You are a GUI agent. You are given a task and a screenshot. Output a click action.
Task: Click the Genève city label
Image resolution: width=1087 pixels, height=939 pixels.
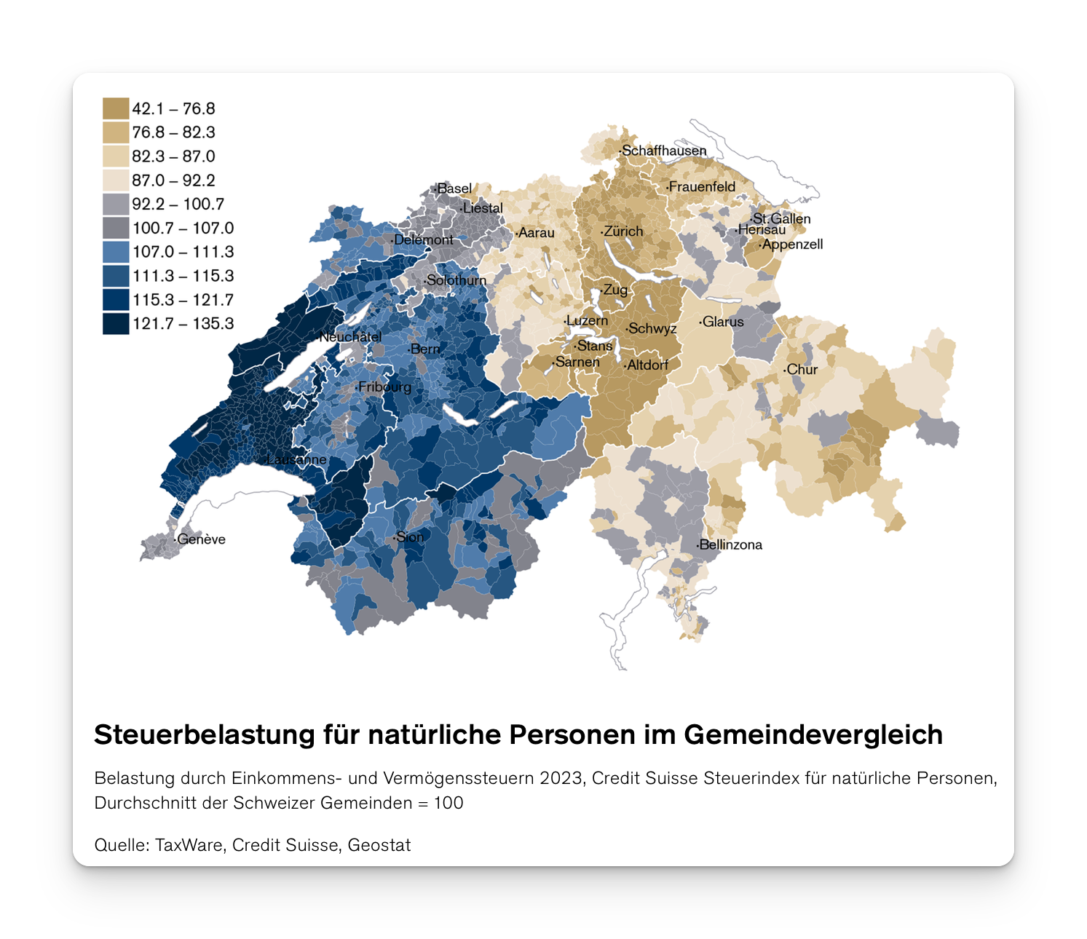click(201, 539)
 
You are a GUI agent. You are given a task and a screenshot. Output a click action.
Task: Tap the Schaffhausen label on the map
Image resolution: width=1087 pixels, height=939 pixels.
click(664, 151)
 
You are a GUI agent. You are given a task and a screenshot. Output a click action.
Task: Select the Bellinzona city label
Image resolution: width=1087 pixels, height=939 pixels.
click(730, 544)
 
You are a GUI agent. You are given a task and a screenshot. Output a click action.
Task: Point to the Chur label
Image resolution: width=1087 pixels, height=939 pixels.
click(802, 370)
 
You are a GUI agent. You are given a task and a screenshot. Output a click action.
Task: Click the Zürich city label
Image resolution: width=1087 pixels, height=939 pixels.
click(623, 231)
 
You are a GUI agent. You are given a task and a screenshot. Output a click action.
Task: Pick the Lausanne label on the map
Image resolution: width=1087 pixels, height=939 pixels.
click(297, 459)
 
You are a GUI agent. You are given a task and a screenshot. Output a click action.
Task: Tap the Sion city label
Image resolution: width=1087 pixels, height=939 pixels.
click(410, 537)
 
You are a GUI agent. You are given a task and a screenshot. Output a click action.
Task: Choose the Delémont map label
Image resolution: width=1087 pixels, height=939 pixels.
click(423, 239)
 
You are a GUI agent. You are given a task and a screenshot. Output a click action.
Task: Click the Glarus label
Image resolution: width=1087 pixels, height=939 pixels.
click(723, 322)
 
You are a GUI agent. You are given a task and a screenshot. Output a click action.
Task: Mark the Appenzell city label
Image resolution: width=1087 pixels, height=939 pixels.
click(792, 245)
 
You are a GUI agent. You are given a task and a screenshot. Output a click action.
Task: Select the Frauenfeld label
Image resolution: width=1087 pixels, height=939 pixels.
click(702, 187)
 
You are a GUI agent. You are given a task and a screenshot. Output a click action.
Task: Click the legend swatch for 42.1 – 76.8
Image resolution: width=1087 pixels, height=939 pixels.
click(116, 108)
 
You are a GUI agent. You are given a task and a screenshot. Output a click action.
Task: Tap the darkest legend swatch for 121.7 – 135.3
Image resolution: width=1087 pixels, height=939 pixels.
click(116, 323)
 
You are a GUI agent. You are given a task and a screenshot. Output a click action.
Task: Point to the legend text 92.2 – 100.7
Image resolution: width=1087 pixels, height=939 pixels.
click(178, 204)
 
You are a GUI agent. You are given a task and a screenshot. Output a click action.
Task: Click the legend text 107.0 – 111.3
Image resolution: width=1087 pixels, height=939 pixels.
click(183, 252)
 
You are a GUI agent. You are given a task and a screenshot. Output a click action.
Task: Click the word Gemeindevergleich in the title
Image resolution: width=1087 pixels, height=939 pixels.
click(813, 734)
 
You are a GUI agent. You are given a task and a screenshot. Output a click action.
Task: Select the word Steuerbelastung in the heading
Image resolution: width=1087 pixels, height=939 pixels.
click(205, 734)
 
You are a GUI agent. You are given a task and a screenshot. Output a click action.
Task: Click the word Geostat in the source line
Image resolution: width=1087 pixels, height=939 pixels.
click(379, 845)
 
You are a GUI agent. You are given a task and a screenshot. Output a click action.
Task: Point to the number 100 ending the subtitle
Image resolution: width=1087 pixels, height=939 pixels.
click(448, 803)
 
